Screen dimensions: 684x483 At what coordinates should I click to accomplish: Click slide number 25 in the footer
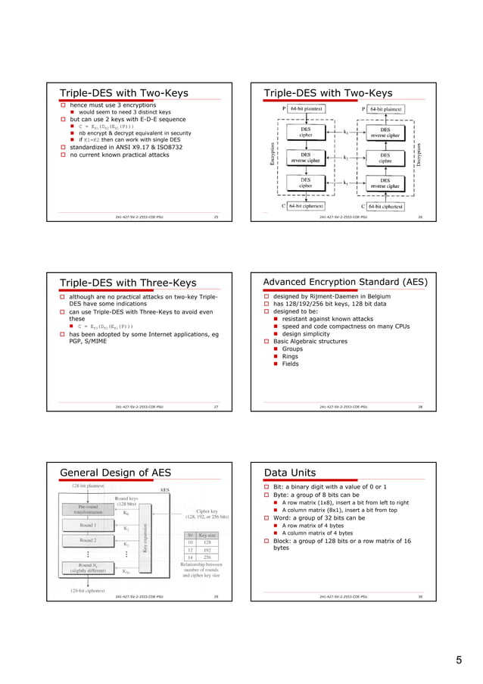(x=216, y=216)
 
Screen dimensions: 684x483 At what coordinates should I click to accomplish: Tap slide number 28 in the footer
(x=419, y=406)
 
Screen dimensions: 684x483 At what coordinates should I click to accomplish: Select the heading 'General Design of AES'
(x=115, y=473)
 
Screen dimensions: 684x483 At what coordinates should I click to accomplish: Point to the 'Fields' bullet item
(x=290, y=364)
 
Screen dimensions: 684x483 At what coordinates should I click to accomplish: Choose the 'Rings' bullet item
(x=291, y=356)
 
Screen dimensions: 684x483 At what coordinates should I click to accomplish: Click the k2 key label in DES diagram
(x=345, y=158)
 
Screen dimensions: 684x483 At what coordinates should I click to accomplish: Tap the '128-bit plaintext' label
(x=88, y=485)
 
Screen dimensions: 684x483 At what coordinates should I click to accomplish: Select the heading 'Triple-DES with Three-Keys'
(x=128, y=283)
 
